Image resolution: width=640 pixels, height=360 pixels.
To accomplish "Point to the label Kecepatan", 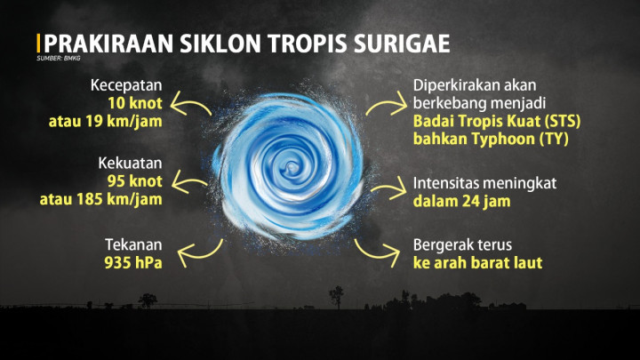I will click(125, 86).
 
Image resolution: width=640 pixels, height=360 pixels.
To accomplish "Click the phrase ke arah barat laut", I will click(477, 263).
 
